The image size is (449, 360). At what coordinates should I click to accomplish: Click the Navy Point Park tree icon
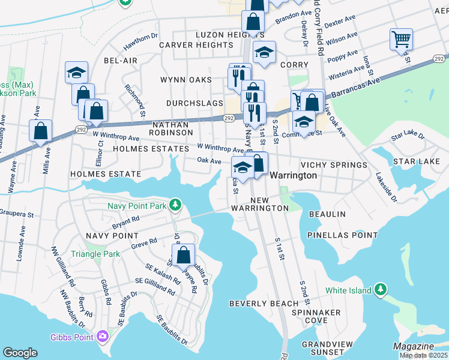pos(175,205)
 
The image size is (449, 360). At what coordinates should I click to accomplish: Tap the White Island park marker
pos(379,290)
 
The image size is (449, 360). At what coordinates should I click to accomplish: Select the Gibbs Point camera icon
pos(103,337)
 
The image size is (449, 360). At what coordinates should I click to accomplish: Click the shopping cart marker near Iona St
pos(401,40)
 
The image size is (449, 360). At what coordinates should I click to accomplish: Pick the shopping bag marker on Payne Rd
pos(184,254)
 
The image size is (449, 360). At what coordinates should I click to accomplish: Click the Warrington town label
pos(293,175)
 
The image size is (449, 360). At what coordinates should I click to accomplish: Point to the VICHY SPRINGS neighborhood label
pos(334,165)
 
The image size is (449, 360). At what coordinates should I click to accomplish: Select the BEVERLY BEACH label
pos(264,304)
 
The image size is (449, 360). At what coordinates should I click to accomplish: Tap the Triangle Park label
pos(95,254)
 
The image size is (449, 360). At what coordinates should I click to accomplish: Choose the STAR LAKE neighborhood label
pos(417,161)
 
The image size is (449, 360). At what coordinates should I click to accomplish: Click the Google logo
pos(20,352)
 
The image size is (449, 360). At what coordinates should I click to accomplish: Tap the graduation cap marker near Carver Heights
pos(264,53)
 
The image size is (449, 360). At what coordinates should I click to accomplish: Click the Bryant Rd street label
pos(125,221)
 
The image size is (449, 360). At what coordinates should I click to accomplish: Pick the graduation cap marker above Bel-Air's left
pos(77,73)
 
